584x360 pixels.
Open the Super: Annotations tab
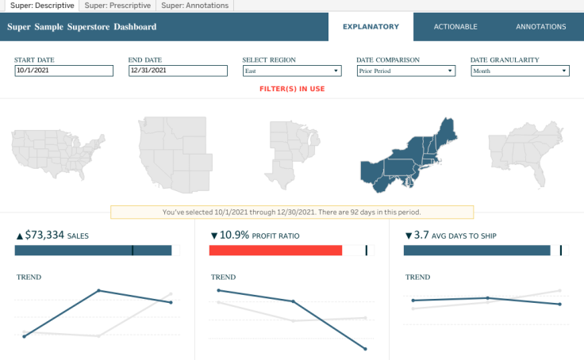click(194, 6)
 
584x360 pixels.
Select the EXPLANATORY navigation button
click(371, 27)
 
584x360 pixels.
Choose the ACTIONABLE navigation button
click(455, 27)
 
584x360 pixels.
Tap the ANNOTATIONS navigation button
click(541, 27)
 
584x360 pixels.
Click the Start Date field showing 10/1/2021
click(63, 71)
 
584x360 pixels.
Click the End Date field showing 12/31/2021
click(178, 71)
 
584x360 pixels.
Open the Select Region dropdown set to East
click(291, 71)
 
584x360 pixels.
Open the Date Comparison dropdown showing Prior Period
click(405, 71)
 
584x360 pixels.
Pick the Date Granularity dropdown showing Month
click(520, 71)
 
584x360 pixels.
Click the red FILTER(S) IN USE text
click(292, 89)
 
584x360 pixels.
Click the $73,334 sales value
click(44, 236)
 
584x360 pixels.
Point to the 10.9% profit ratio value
click(236, 236)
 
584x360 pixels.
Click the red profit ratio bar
click(275, 251)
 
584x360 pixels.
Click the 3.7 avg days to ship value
click(422, 236)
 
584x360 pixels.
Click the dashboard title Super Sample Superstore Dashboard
click(82, 27)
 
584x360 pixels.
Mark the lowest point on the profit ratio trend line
click(365, 348)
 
